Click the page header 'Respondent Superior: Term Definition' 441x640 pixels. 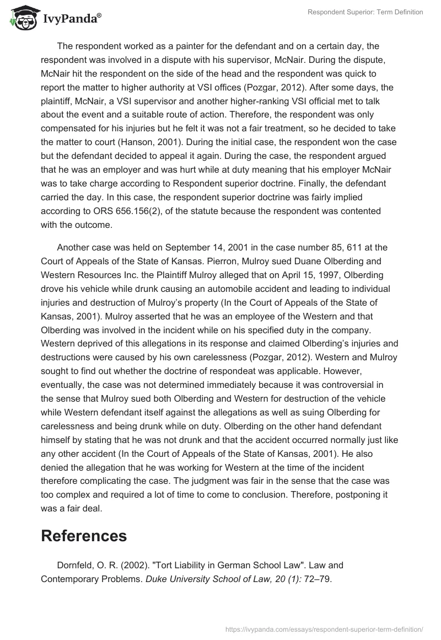tap(365, 12)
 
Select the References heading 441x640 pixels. tap(84, 535)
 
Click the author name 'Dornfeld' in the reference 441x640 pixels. tap(77, 566)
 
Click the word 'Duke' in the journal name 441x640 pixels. tap(156, 579)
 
